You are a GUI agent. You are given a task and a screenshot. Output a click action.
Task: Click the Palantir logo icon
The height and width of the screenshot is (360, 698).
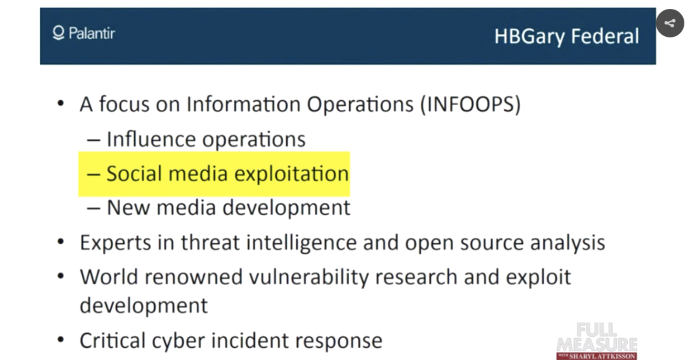pyautogui.click(x=59, y=33)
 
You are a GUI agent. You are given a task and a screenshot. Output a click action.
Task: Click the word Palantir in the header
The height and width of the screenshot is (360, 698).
pyautogui.click(x=92, y=33)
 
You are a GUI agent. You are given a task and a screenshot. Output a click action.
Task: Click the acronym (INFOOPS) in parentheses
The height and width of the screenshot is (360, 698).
pyautogui.click(x=470, y=104)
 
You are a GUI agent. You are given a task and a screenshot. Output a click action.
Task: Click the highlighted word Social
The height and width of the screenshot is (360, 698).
pyautogui.click(x=134, y=173)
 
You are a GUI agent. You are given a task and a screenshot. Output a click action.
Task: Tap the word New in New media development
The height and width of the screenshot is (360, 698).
pyautogui.click(x=128, y=208)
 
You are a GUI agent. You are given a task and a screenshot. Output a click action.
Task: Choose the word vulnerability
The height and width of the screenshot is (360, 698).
pyautogui.click(x=309, y=277)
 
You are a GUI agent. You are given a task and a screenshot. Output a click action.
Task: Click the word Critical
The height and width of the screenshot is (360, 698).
pyautogui.click(x=113, y=340)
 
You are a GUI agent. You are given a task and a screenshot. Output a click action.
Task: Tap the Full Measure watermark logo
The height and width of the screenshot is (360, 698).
pyautogui.click(x=597, y=342)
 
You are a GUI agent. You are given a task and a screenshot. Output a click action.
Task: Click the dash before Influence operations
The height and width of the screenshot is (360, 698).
pyautogui.click(x=93, y=140)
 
